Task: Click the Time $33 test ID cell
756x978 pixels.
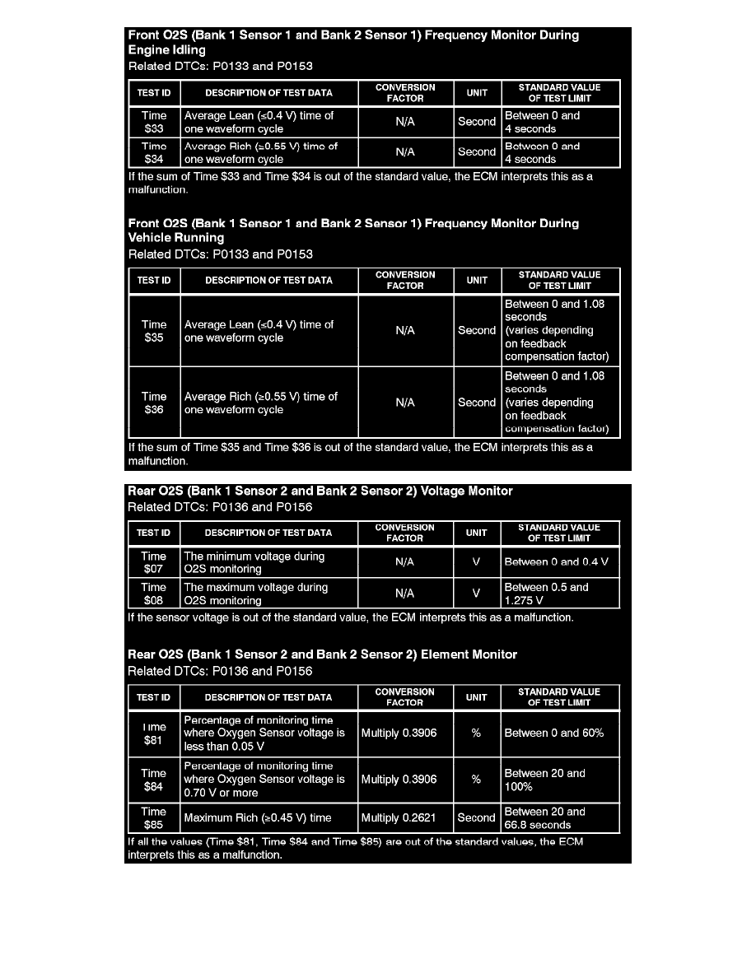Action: tap(154, 122)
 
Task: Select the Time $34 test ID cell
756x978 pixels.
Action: tap(154, 152)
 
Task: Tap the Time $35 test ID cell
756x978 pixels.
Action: tap(154, 331)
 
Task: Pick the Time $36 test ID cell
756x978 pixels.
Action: tap(154, 403)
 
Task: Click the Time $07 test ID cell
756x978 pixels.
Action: tap(154, 562)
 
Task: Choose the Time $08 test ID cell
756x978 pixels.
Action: tap(154, 594)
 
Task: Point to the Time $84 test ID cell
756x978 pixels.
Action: tap(154, 780)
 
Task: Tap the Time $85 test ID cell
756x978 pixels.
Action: tap(154, 817)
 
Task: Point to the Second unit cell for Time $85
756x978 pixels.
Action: tap(477, 817)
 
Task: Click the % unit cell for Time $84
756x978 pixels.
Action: tap(477, 780)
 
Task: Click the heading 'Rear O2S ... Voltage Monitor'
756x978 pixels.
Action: tap(320, 491)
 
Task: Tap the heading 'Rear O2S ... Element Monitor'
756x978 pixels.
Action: tap(323, 654)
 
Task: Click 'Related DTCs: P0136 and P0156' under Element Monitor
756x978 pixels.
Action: tap(220, 671)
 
